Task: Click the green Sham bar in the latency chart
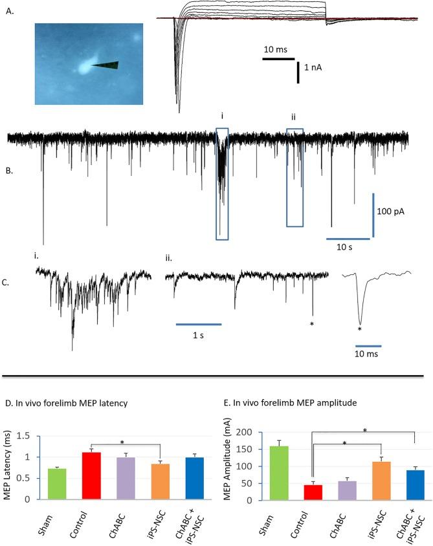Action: (59, 484)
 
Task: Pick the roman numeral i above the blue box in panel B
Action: (222, 117)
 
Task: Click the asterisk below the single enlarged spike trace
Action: (359, 329)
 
